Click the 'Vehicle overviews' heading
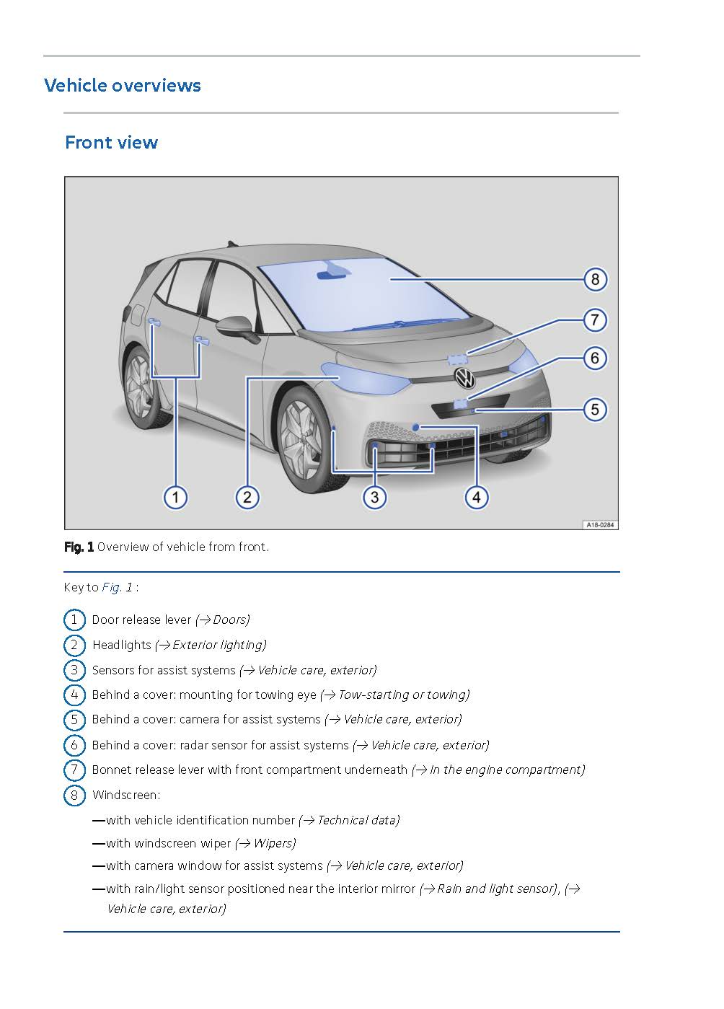(122, 85)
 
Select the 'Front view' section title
(111, 142)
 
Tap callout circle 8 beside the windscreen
(594, 279)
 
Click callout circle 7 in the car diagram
(594, 320)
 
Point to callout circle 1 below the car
(175, 496)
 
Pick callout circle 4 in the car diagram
(476, 496)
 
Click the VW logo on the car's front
(464, 377)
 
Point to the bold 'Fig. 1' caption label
(79, 547)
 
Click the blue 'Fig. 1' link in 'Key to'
(117, 587)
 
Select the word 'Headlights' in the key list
(121, 645)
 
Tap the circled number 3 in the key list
(74, 670)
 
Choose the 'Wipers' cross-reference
(273, 843)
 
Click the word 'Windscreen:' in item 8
(125, 795)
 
